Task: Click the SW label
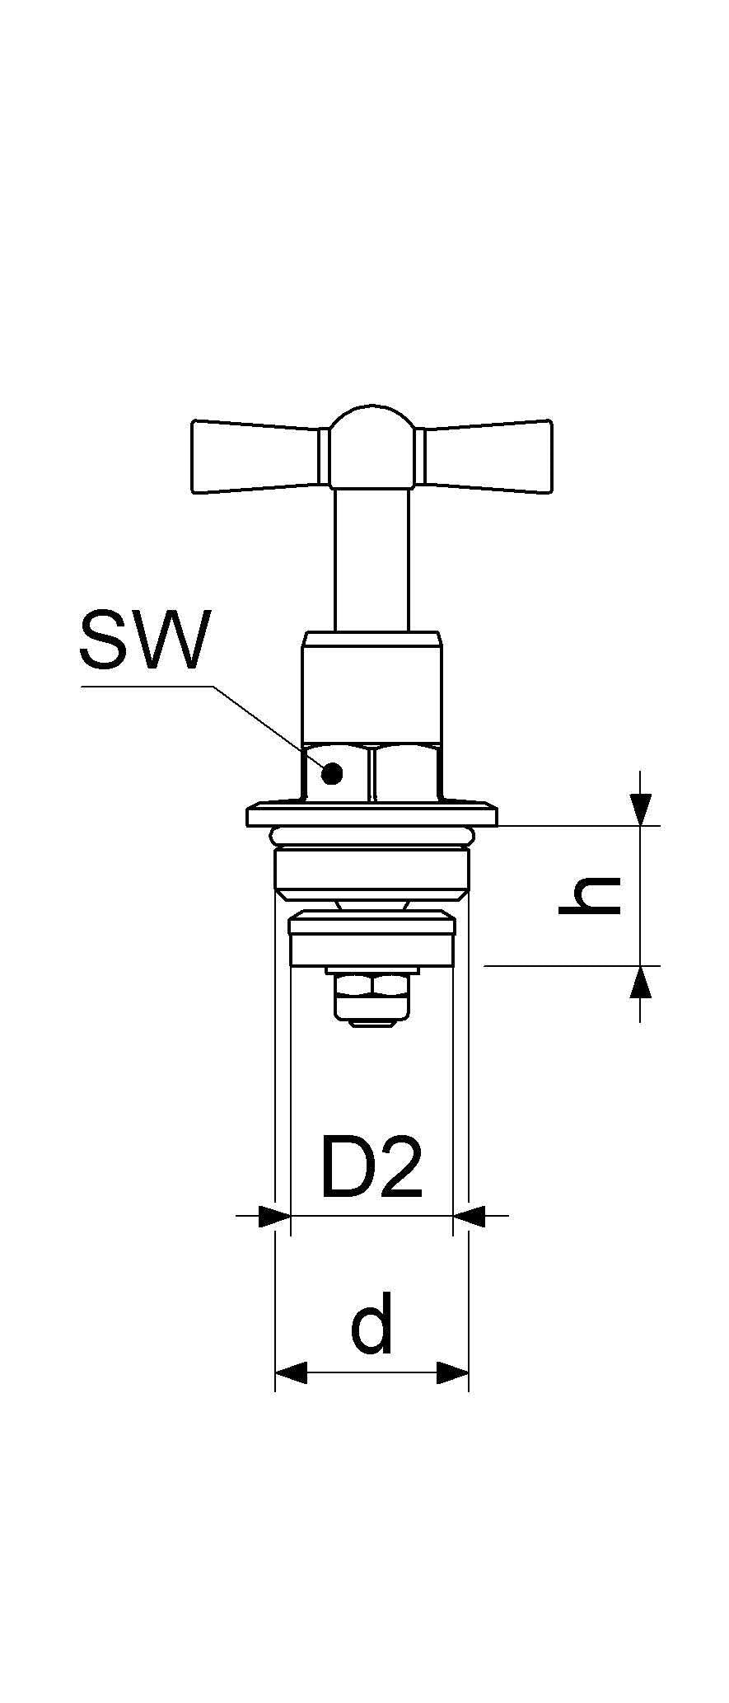[144, 640]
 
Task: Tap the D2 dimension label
[372, 1167]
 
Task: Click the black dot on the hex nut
[332, 773]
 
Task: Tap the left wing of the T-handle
[256, 457]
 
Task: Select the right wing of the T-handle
[487, 457]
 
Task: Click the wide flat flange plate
[372, 816]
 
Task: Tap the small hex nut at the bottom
[372, 996]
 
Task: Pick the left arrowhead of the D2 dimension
[275, 1215]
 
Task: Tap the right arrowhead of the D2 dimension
[469, 1215]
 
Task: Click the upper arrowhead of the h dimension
[640, 809]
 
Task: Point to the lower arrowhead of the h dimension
[640, 982]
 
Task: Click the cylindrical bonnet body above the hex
[372, 688]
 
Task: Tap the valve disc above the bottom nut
[372, 939]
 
